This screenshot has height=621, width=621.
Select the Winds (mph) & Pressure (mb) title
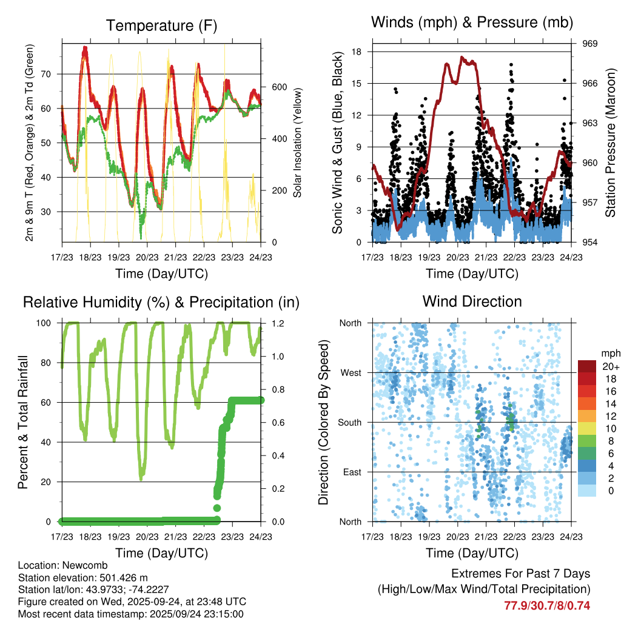coord(472,22)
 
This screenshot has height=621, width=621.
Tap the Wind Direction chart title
coord(472,301)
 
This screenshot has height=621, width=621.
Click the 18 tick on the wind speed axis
coord(357,52)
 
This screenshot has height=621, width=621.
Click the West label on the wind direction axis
coord(350,372)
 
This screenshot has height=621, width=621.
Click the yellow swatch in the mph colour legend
coord(586,428)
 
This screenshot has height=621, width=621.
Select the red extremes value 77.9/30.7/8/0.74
coord(547,605)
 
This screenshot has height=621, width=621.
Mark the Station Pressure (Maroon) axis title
coord(610,143)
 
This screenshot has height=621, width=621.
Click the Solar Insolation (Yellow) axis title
coord(298,143)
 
